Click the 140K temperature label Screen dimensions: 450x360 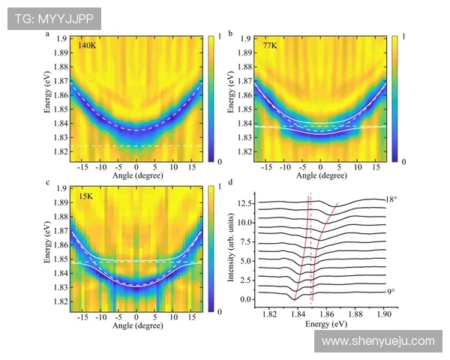pos(88,45)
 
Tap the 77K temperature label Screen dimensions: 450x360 pos(270,45)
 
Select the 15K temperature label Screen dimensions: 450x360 pos(85,196)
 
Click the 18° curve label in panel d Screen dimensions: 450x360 pos(391,199)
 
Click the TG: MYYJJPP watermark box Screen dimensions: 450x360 pos(54,19)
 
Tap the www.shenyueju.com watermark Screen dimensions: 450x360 pos(378,341)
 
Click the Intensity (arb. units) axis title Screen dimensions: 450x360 pos(230,247)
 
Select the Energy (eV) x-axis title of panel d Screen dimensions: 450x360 pos(326,324)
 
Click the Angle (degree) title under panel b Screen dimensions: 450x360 pos(322,175)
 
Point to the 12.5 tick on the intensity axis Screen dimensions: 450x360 pos(244,203)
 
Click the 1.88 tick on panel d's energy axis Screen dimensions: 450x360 pos(355,314)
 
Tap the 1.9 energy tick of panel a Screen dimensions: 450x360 pos(61,38)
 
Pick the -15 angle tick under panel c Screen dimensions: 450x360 pos(82,317)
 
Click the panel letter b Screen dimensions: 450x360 pos(230,34)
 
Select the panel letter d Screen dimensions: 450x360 pos(230,182)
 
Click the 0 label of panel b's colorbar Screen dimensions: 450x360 pos(403,162)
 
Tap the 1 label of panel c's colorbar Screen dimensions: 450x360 pos(220,187)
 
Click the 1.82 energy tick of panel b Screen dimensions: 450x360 pos(244,151)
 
